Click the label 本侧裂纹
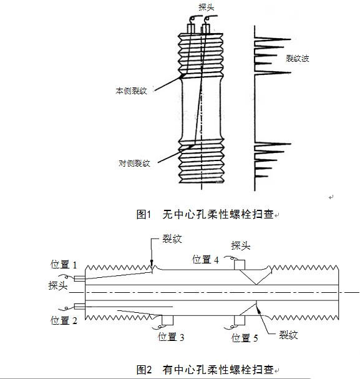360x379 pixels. click(x=132, y=91)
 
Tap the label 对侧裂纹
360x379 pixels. click(x=134, y=163)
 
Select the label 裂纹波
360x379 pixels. click(x=298, y=58)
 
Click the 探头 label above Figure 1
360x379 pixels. click(x=207, y=7)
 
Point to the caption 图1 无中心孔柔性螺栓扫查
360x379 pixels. click(x=205, y=214)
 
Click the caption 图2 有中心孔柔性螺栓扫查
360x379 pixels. click(x=205, y=370)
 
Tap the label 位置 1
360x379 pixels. click(x=64, y=265)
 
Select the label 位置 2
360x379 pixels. click(x=64, y=320)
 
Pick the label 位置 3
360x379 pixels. click(x=171, y=337)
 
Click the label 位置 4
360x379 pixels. click(x=205, y=259)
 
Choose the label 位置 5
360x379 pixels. click(x=245, y=338)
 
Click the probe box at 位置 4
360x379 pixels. click(x=240, y=265)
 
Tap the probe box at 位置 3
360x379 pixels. click(x=168, y=320)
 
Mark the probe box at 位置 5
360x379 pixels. click(x=240, y=320)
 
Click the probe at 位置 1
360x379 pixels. click(x=79, y=278)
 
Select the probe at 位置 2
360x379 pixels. click(x=79, y=307)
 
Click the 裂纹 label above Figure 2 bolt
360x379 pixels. click(x=172, y=239)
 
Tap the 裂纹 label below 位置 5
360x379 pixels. click(x=288, y=335)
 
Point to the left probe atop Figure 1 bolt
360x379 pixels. click(x=191, y=29)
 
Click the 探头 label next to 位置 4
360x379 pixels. click(x=241, y=245)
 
